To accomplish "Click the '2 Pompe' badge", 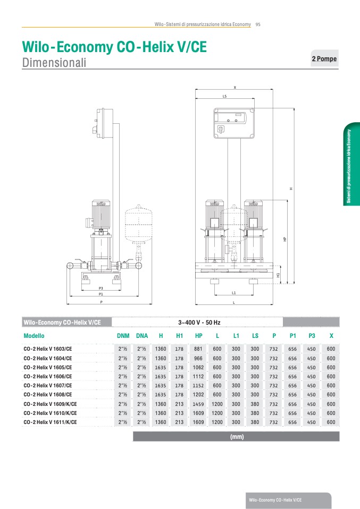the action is point(324,58).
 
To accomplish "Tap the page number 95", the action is point(258,24).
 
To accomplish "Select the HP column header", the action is point(198,336).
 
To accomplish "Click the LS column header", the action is point(255,336).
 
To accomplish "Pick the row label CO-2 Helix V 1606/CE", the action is point(48,377).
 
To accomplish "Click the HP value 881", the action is point(198,349).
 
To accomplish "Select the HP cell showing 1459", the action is point(198,404).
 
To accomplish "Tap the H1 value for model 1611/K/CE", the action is point(179,422).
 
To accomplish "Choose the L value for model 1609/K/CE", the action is point(217,404).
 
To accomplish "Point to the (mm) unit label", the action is point(237,437).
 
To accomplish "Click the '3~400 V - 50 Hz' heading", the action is point(199,323).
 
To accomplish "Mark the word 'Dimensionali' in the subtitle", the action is point(54,62).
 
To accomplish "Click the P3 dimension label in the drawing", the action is point(101,289).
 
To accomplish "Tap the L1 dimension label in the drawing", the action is point(233,293).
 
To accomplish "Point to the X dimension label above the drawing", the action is point(235,87).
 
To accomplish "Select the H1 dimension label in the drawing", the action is point(278,275).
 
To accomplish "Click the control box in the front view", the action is point(233,123).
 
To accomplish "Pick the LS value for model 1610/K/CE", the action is point(255,413).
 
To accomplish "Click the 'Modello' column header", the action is point(34,336).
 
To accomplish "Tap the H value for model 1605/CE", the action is point(161,368).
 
